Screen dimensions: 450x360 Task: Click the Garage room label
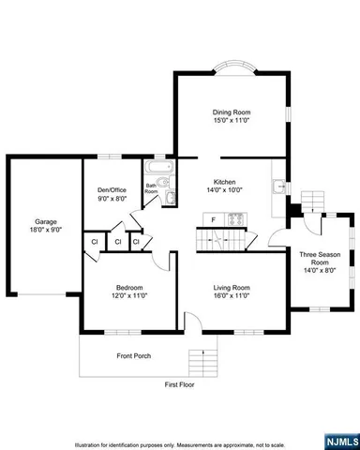coord(46,222)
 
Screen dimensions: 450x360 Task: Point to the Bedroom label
coord(129,287)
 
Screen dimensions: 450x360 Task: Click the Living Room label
coord(231,287)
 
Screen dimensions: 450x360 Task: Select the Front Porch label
coord(134,355)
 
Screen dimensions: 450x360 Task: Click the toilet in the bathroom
coord(169,196)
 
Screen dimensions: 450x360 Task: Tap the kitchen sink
coord(277,186)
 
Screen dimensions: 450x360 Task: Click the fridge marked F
coord(215,220)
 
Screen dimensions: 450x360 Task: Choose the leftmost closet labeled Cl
coord(95,243)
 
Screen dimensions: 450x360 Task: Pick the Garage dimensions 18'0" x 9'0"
coord(46,232)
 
